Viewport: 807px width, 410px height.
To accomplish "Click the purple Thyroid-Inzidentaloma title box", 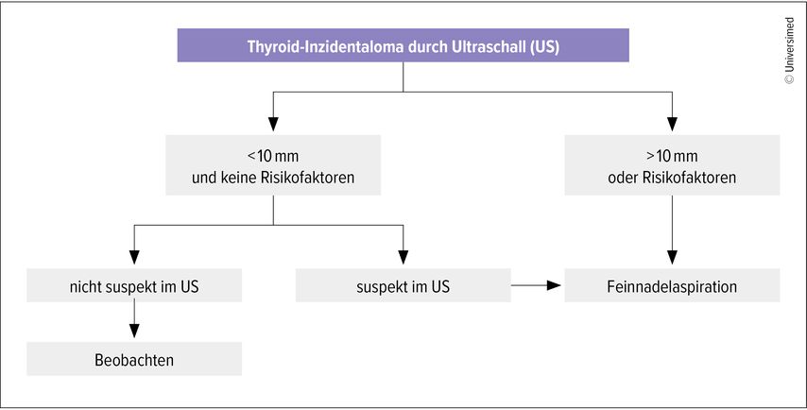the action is coord(403,45).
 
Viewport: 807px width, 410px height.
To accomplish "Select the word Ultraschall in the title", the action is coord(487,45).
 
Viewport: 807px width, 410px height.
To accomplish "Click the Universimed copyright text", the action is coord(789,50).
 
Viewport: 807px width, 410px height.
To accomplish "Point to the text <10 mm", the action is coord(273,156).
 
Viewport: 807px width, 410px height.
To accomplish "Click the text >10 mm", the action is coord(672,156).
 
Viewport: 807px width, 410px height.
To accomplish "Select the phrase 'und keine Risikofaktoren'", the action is coord(273,178).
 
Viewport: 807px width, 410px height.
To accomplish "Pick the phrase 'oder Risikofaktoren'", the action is coord(672,178).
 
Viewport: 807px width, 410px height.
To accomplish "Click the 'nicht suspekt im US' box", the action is coord(134,285).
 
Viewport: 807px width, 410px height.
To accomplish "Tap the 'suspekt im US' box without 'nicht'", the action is coord(403,285).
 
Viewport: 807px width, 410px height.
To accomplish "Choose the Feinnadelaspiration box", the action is coord(672,285).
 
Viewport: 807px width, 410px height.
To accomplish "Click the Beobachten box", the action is coord(134,359).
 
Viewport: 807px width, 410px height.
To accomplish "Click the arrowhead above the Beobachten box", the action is coord(134,331).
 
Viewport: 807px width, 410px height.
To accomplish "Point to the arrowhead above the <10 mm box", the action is coord(273,124).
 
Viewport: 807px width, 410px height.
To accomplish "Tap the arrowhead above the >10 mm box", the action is coord(672,124).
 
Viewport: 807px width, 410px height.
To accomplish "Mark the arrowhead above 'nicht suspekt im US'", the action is coord(134,257).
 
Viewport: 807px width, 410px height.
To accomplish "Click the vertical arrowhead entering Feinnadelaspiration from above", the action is coord(672,257).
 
